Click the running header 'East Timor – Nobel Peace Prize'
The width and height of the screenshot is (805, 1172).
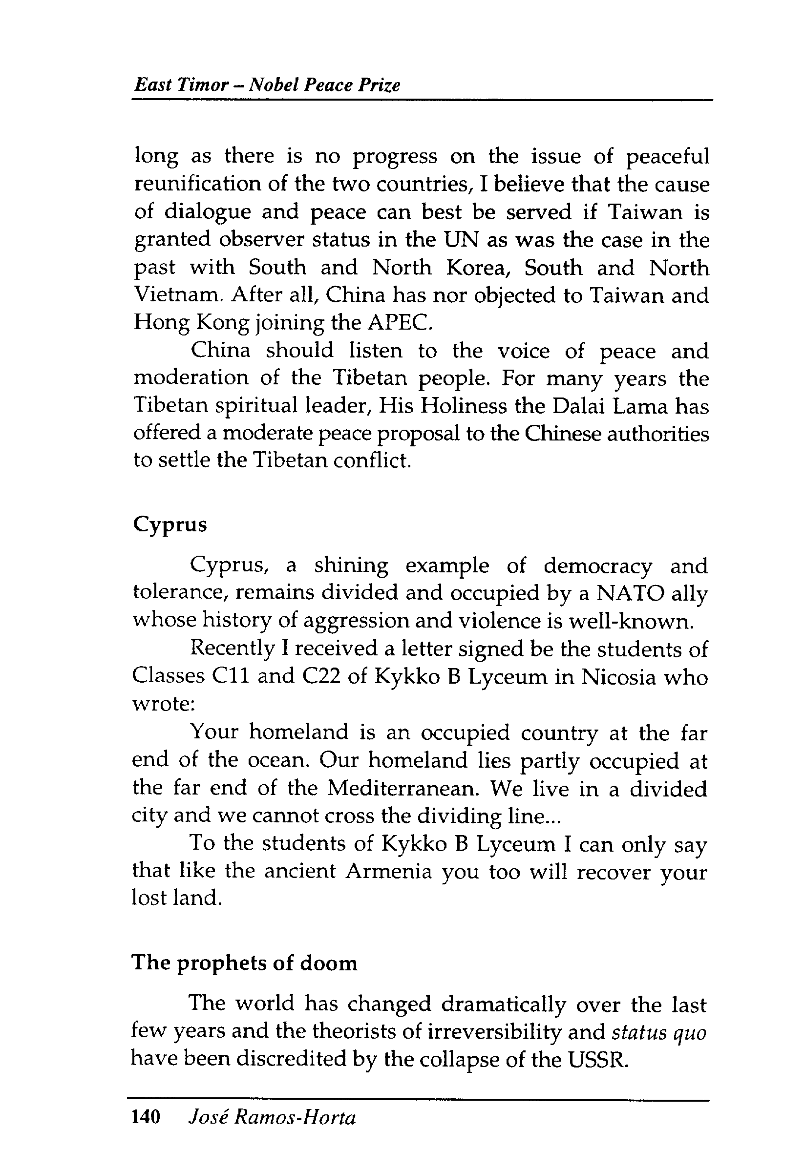267,84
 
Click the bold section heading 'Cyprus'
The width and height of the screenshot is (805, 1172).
170,525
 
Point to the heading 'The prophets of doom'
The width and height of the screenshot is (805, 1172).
244,963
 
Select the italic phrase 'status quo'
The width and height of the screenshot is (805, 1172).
659,1032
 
